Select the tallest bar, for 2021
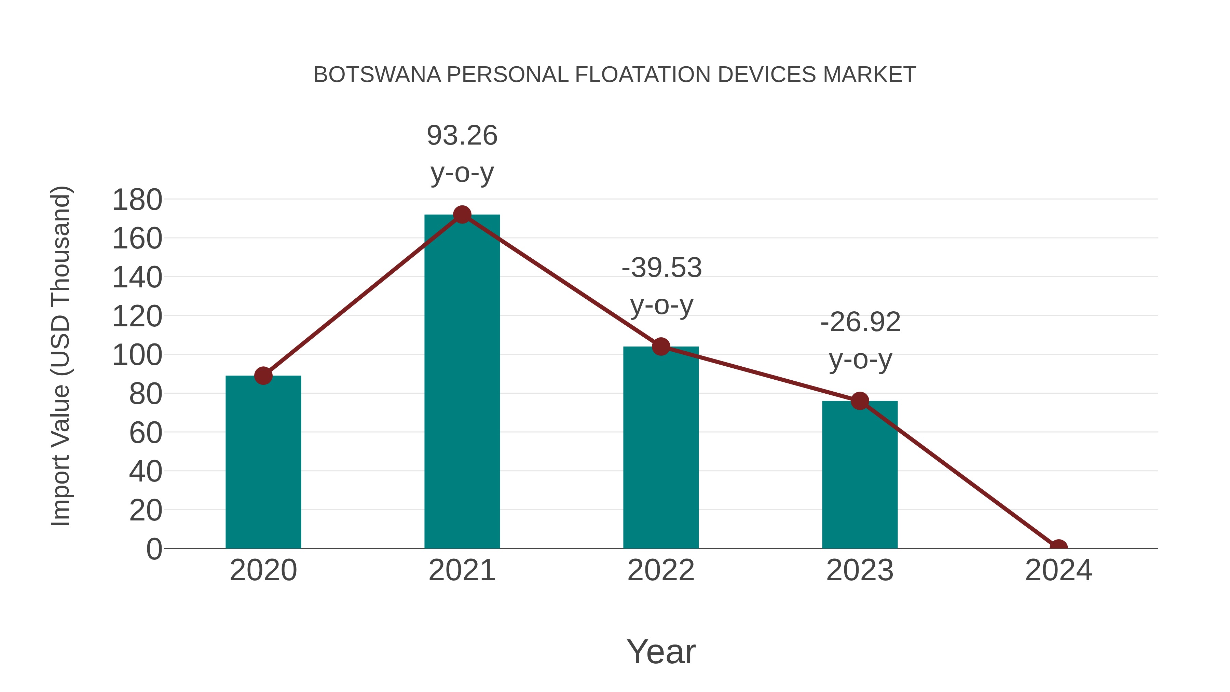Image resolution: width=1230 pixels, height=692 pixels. pos(462,382)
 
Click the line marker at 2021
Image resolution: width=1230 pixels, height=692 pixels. pos(462,215)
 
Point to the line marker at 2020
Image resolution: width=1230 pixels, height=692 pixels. pos(263,376)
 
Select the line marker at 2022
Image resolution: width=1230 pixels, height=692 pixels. pos(661,347)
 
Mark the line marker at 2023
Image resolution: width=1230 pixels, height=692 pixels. pos(860,401)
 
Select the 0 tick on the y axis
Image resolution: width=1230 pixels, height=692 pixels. pos(154,549)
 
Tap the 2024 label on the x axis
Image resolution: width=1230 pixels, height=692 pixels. pos(1058,570)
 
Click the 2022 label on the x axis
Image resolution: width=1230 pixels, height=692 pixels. pos(661,570)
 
